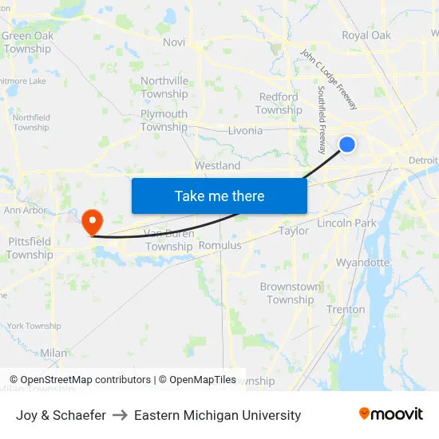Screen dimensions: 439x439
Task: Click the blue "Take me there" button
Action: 219,196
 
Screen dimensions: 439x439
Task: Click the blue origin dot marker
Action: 347,144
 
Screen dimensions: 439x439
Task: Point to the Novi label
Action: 173,42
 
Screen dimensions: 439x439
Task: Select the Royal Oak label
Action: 366,35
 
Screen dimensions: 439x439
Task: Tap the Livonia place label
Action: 245,131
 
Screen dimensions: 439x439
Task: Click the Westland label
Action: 217,166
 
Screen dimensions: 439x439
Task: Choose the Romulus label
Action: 219,246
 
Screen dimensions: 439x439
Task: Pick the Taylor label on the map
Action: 293,231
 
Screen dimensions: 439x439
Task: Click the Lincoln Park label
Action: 346,223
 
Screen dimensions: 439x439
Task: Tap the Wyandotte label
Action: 362,262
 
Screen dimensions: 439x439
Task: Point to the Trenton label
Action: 346,310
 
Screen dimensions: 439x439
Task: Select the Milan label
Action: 53,352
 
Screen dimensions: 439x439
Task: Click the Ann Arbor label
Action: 26,211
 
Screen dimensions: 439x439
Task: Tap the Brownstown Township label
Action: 291,293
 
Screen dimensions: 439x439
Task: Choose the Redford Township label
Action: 279,104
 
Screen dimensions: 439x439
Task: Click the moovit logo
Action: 390,414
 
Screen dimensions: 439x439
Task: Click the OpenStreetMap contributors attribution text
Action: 85,380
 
